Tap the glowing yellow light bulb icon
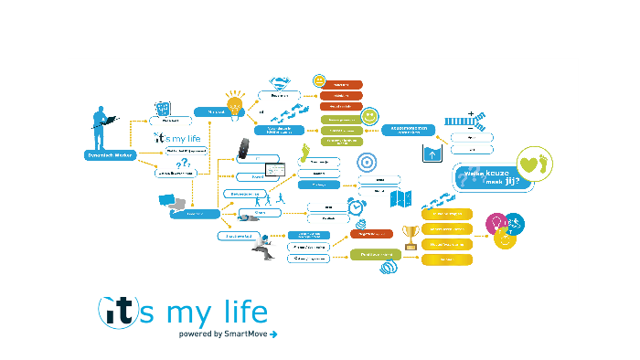(235, 101)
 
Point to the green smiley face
(368, 117)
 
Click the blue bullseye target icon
(365, 162)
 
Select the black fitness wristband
(244, 149)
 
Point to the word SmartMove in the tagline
(245, 334)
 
